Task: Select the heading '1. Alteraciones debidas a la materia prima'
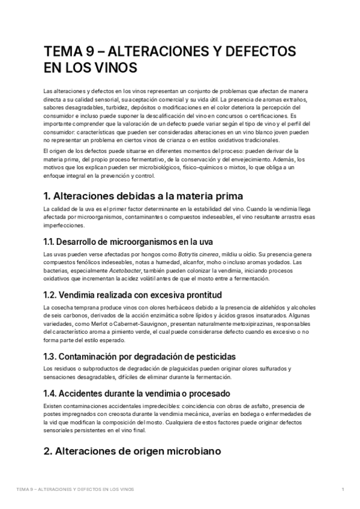pos(143,196)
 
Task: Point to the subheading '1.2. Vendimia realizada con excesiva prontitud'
pos(133,295)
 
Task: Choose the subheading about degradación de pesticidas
pos(140,356)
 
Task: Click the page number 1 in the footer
pos(342,489)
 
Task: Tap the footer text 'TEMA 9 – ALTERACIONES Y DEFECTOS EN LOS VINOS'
pos(76,489)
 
